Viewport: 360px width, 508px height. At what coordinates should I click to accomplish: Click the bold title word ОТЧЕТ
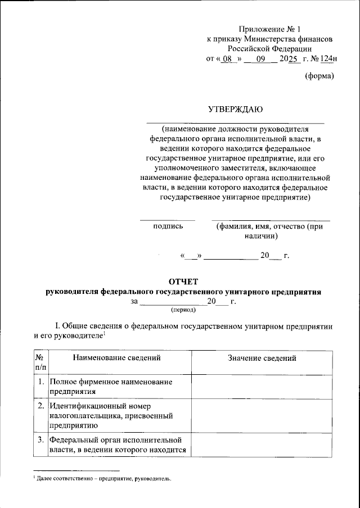pos(183,282)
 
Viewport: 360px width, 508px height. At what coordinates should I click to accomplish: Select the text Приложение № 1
pos(269,29)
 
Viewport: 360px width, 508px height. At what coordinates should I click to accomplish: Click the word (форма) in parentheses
pos(319,76)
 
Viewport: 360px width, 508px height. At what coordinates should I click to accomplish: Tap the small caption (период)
pos(183,309)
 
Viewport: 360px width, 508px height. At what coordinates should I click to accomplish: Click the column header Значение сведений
pos(262,358)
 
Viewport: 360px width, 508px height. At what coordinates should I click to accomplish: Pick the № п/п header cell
pos(39,362)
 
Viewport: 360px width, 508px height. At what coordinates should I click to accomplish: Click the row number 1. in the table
pos(40,382)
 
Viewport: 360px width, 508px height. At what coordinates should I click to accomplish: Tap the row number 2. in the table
pos(40,405)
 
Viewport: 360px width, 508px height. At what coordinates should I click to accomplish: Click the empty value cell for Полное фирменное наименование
pos(262,387)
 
